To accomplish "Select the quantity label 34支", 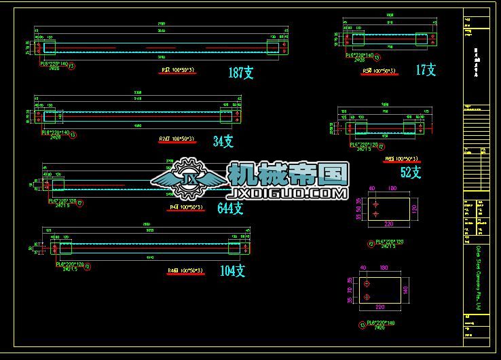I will (223, 141).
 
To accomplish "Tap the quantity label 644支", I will (231, 209).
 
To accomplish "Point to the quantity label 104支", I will (232, 271).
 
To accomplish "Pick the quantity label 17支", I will (426, 70).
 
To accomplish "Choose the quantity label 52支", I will (411, 173).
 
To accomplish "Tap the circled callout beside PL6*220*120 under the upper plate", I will (369, 242).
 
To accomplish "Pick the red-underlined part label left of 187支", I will (177, 70).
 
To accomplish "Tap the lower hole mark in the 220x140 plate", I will (367, 297).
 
